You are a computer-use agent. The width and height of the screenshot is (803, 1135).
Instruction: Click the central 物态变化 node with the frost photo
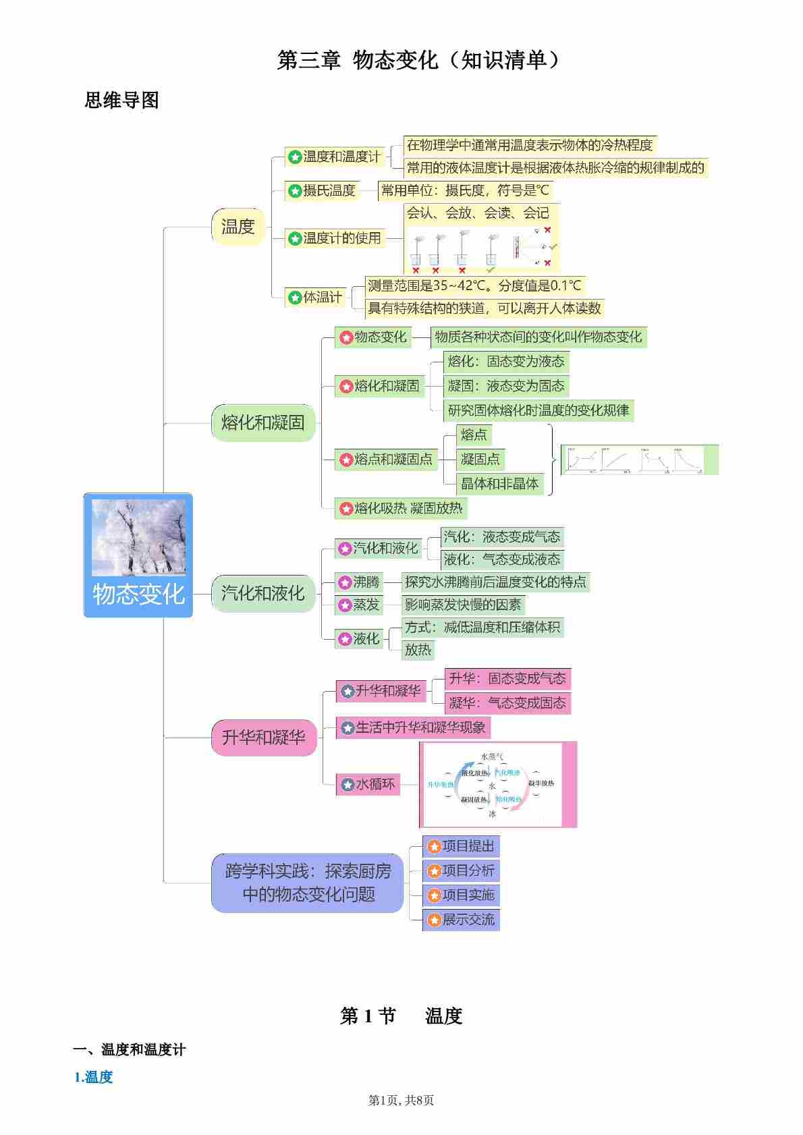click(138, 555)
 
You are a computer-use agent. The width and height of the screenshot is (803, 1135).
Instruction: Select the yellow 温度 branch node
click(238, 227)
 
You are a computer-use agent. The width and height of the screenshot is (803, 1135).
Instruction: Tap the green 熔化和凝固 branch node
click(263, 423)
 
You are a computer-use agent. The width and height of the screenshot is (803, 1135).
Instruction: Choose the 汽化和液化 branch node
click(263, 594)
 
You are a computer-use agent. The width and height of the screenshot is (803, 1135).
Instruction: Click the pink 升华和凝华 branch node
click(263, 738)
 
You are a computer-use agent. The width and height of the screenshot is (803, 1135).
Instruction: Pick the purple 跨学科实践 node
click(308, 883)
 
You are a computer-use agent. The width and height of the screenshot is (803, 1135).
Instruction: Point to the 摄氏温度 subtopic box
click(322, 191)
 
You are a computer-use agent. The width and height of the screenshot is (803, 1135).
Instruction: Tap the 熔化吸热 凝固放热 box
click(401, 508)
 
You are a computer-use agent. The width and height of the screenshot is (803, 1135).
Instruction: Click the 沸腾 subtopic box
click(360, 582)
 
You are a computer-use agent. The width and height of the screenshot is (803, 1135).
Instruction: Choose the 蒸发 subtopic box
click(360, 605)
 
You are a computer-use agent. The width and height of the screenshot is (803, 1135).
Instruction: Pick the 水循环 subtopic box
click(368, 785)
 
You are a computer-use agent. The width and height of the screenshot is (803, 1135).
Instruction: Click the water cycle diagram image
click(498, 785)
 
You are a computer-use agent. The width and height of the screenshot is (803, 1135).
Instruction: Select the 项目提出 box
click(462, 846)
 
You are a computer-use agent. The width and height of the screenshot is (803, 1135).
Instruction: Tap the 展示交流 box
click(462, 920)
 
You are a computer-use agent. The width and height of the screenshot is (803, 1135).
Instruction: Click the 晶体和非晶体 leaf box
click(499, 483)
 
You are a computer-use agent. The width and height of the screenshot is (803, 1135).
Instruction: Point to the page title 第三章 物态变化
click(418, 61)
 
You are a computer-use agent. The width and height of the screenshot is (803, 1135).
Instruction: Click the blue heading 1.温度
click(94, 1077)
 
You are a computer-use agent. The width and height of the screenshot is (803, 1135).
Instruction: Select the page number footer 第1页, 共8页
click(401, 1101)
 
